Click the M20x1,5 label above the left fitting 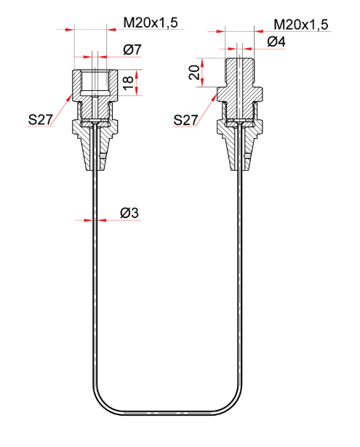[151, 23]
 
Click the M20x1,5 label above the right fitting [301, 25]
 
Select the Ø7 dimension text [132, 49]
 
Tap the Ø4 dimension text [276, 42]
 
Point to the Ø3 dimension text [129, 213]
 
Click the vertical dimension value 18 [129, 82]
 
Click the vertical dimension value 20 [194, 73]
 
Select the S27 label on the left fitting [41, 120]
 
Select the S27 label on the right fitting [185, 120]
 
